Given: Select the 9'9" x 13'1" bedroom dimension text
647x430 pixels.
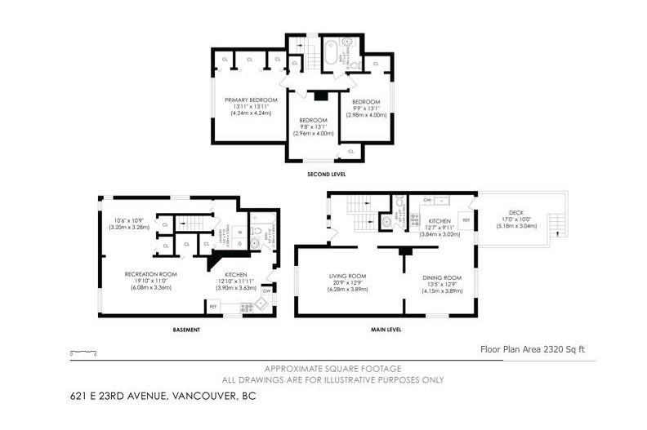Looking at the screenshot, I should click(368, 107).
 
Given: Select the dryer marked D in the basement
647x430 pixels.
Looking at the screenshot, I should click(239, 243).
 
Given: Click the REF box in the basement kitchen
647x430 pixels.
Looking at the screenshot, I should click(213, 307).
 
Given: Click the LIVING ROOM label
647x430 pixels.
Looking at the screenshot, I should click(347, 276).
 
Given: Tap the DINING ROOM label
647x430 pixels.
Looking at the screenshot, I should click(442, 278).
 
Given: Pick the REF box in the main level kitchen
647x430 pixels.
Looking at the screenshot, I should click(466, 221).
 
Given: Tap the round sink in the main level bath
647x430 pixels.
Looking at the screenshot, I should click(385, 220).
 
